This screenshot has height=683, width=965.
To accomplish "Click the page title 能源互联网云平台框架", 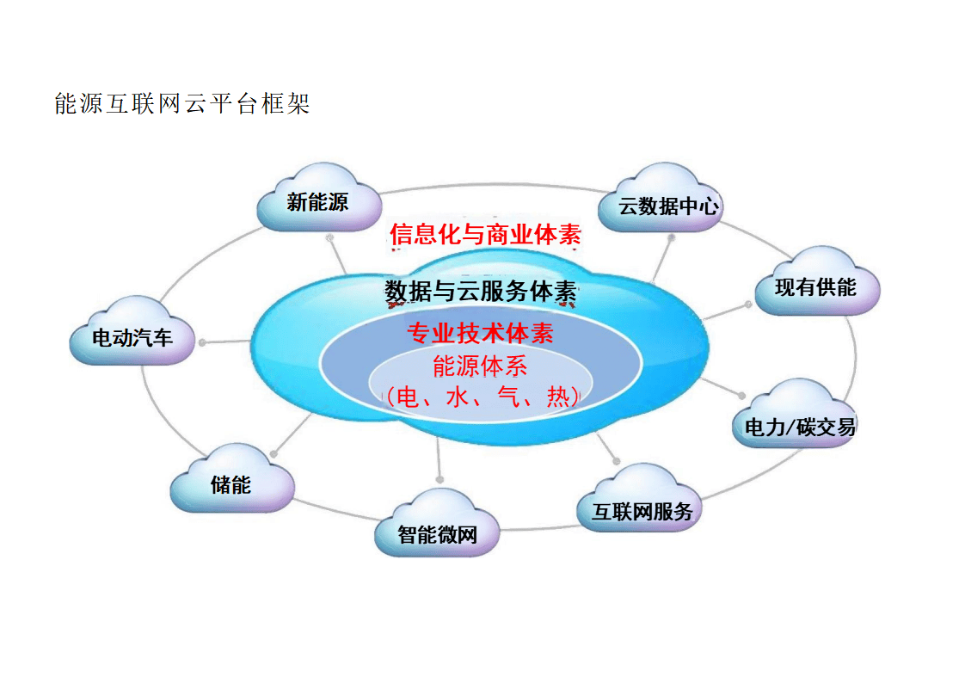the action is [x=182, y=105].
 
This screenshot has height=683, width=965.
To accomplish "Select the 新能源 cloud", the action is [x=318, y=202].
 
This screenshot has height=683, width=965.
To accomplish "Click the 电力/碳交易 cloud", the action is [x=793, y=425].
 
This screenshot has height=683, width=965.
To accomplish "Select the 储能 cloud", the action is [x=231, y=484].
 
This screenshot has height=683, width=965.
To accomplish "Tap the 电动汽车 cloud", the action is [x=132, y=337].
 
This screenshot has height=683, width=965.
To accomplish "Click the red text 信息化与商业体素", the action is [x=485, y=234].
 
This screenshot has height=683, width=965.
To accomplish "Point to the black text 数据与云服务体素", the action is [x=480, y=292].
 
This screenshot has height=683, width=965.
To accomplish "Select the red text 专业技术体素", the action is [x=480, y=333].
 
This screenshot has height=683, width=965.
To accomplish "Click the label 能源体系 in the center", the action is [x=480, y=366].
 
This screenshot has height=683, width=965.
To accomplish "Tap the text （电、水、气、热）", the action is [x=480, y=397].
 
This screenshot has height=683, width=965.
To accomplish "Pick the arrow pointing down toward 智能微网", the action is [x=439, y=477].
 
